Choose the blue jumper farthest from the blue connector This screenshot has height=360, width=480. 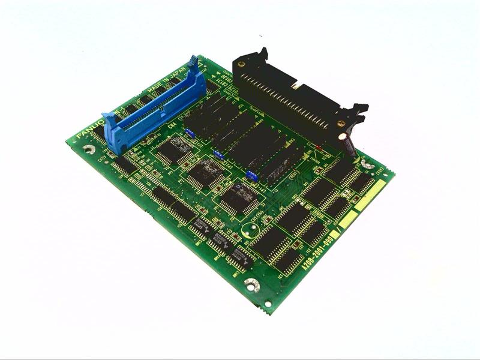tap(251, 176)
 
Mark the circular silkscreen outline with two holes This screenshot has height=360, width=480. tap(250, 229)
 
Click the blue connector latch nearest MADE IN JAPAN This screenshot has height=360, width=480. tap(193, 62)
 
